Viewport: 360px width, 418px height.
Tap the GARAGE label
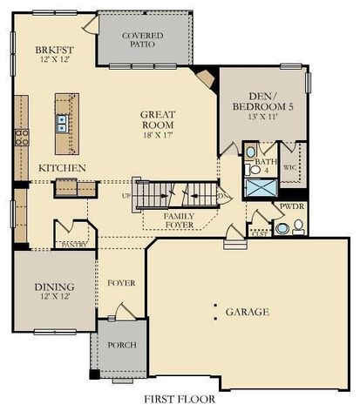248,311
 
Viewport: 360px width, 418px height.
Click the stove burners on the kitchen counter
22,137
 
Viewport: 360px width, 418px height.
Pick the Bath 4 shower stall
259,186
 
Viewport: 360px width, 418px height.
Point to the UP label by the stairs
126,195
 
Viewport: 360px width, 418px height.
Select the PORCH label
121,345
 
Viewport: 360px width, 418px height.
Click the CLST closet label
258,234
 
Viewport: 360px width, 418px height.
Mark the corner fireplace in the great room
207,80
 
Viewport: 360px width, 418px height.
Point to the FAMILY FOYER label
180,218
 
